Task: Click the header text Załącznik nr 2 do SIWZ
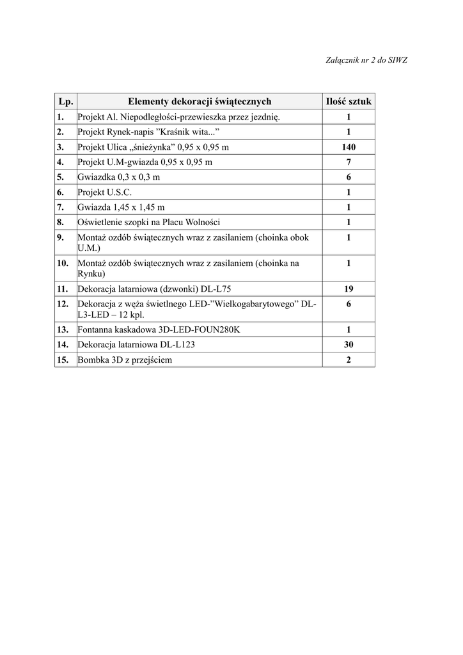pyautogui.click(x=367, y=60)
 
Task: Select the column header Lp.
pyautogui.click(x=66, y=101)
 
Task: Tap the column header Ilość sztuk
pyautogui.click(x=349, y=101)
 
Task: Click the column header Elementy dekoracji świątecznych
pyautogui.click(x=200, y=101)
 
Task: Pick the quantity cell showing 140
pyautogui.click(x=349, y=147)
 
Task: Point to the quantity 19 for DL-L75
pyautogui.click(x=349, y=288)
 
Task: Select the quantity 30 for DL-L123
pyautogui.click(x=349, y=345)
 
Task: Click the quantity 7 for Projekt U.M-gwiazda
pyautogui.click(x=349, y=162)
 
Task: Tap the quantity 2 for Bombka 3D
pyautogui.click(x=349, y=360)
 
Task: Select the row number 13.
pyautogui.click(x=63, y=330)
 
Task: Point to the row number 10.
pyautogui.click(x=63, y=263)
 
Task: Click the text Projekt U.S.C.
pyautogui.click(x=105, y=192)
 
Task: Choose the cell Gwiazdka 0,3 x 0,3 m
pyautogui.click(x=119, y=177)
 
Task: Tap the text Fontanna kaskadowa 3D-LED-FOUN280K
pyautogui.click(x=159, y=330)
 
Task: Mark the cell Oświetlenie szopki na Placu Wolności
pyautogui.click(x=149, y=222)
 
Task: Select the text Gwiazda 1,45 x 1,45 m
pyautogui.click(x=121, y=207)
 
